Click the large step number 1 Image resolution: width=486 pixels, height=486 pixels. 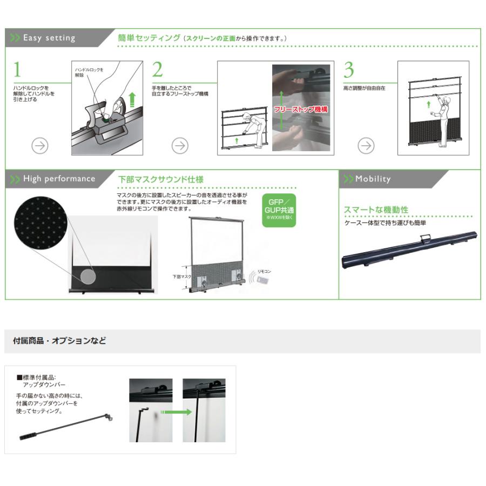pos(17,70)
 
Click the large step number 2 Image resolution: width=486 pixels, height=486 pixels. pos(157,70)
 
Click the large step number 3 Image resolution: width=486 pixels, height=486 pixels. pos(349,70)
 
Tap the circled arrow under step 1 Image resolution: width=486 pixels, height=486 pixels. pos(40,145)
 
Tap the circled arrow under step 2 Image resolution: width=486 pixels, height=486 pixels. pos(180,145)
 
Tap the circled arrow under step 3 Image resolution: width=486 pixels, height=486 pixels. pos(367,145)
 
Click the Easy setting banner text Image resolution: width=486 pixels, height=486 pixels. pos(49,38)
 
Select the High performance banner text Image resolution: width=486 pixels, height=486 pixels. pos(58,179)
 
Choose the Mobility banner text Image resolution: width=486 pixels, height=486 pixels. pos(373,179)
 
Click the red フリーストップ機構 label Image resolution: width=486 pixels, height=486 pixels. pos(301,109)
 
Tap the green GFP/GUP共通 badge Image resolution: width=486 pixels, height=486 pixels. pos(279,210)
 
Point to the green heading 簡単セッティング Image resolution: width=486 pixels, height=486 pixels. pos(149,38)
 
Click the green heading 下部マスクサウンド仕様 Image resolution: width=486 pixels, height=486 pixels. pos(160,179)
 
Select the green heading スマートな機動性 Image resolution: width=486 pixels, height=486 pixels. pos(376,210)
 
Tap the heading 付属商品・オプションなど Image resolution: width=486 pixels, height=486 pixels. pos(59,341)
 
